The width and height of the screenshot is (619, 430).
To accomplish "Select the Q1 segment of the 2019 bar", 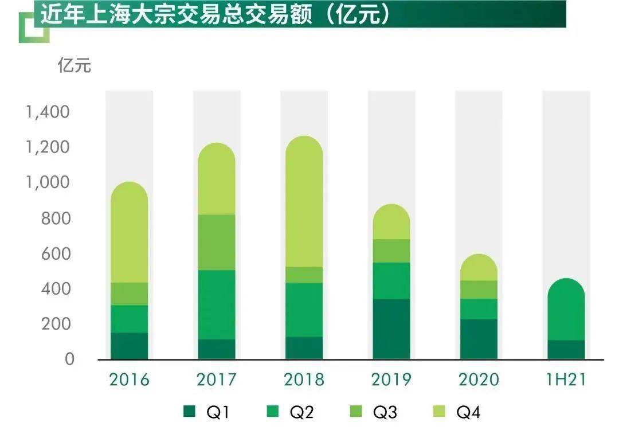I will point(391,329).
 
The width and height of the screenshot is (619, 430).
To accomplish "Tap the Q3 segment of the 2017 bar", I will point(217,242).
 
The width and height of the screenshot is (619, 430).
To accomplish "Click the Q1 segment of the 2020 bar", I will point(479,339).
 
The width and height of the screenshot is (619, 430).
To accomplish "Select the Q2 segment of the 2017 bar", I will point(217,304).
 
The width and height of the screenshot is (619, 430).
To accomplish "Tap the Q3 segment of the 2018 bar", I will point(304,275).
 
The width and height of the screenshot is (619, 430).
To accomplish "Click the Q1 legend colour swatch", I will point(190,411).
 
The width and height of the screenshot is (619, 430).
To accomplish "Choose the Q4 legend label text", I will point(468,412).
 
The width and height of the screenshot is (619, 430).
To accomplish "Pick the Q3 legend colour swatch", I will point(357,411).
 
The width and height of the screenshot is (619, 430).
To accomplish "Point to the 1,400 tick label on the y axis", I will point(48,112).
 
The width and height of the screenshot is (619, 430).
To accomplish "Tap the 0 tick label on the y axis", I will point(69,359).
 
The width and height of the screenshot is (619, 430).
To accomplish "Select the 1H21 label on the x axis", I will point(566,380).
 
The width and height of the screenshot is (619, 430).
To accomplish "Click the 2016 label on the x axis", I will point(130,380).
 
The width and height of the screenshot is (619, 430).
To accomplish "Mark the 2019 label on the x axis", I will point(391,380).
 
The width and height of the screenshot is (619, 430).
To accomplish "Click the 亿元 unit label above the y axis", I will point(75,65).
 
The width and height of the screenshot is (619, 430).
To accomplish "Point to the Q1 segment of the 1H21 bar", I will point(566,349).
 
